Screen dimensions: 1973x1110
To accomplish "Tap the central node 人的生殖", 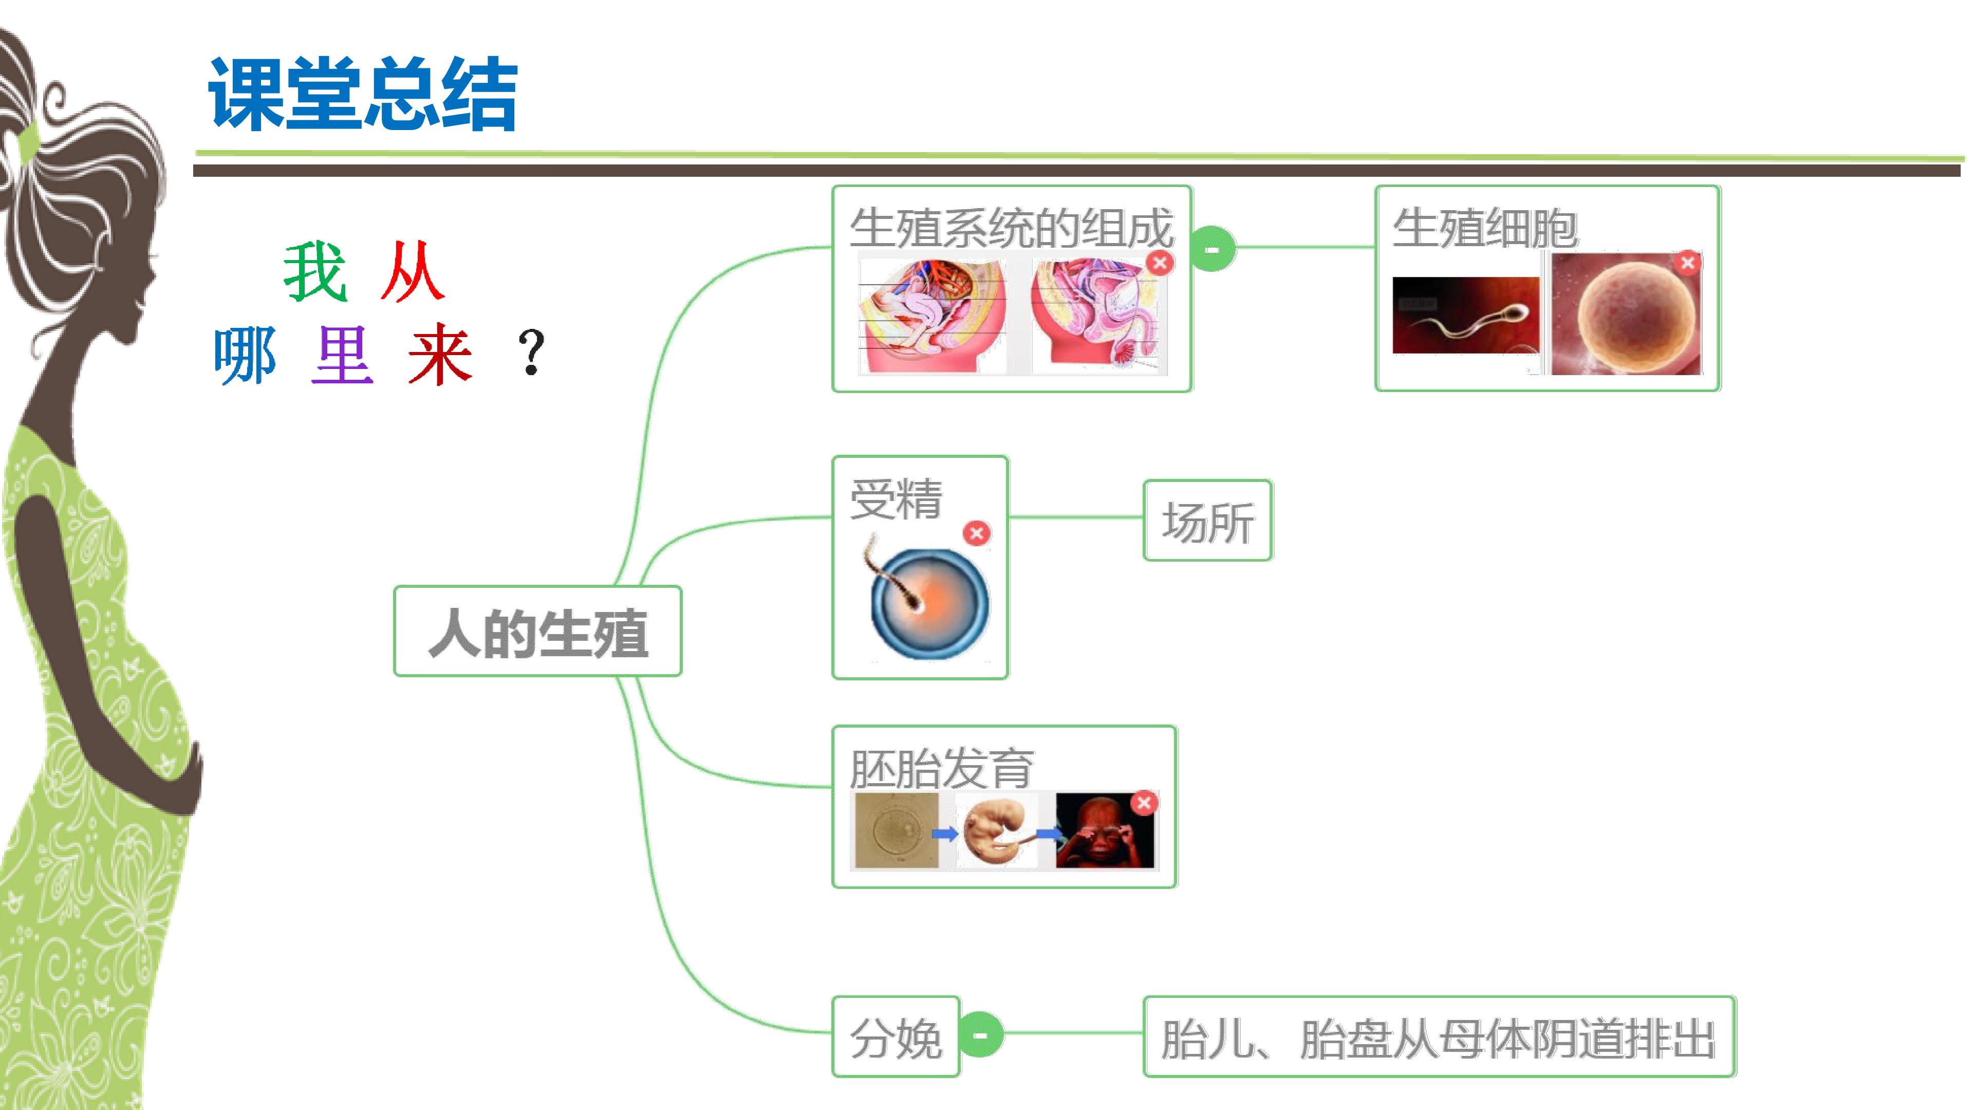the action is click(537, 631).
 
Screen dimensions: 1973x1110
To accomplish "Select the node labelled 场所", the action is click(1208, 521).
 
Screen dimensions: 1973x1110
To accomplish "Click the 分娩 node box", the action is click(896, 1037).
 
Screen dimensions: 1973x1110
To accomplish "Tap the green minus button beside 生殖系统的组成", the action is click(1213, 249).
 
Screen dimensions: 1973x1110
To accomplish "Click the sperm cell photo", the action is click(1465, 315).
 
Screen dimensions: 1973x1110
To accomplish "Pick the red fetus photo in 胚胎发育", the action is click(1105, 831).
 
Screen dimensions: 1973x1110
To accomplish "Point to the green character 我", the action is click(315, 271).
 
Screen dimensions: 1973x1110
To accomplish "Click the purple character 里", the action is click(342, 354).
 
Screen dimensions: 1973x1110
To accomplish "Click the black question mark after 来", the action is click(531, 353).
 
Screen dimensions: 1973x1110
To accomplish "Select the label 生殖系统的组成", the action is click(1011, 228).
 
